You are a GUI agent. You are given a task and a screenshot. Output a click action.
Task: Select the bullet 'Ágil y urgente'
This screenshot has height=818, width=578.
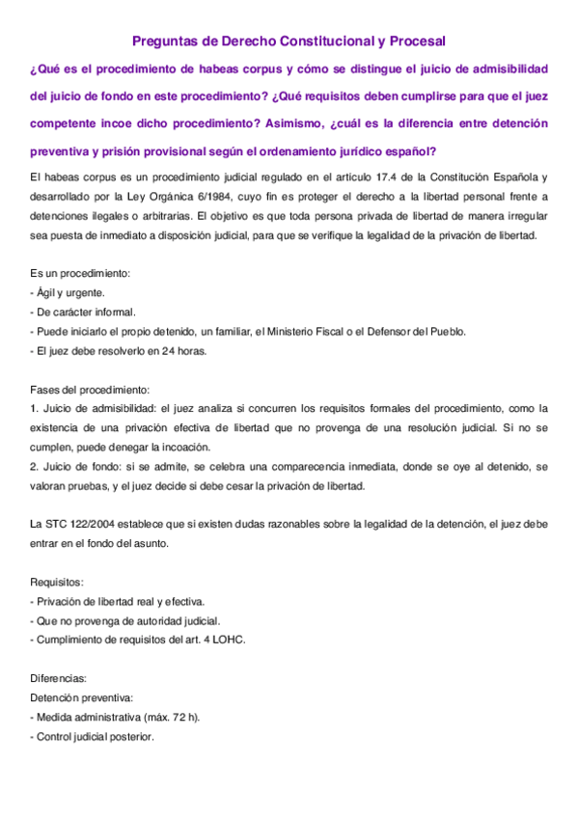(x=69, y=293)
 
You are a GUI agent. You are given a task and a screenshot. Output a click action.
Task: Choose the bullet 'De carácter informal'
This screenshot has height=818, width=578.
(x=84, y=313)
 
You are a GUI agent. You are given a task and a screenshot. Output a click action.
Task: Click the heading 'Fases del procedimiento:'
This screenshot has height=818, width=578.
(x=91, y=390)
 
